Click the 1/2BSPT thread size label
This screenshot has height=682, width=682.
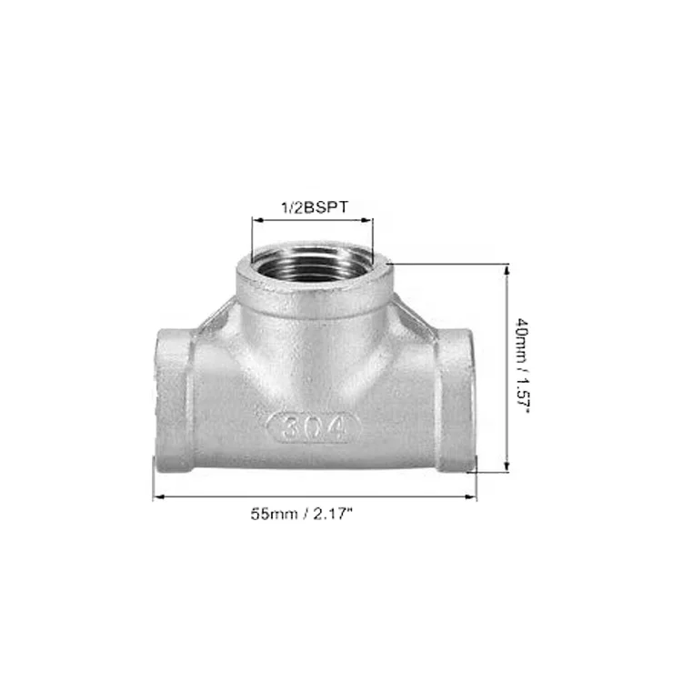click(x=315, y=207)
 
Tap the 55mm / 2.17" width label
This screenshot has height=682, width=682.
click(x=301, y=514)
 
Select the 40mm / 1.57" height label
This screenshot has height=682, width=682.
click(x=522, y=366)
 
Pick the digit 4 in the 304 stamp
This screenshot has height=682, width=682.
click(x=339, y=428)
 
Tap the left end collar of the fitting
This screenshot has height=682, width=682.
click(x=174, y=400)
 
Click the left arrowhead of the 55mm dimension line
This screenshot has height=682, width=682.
click(x=160, y=496)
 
